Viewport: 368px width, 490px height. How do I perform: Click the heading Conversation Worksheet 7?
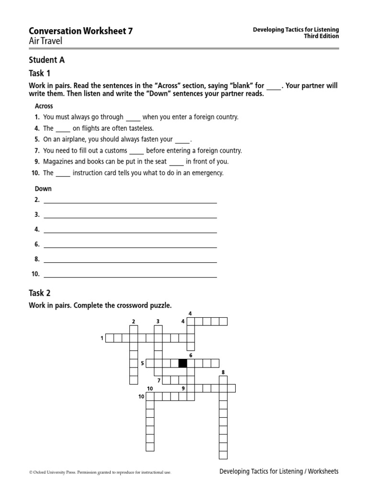(81, 31)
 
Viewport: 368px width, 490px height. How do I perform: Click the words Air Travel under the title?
(46, 41)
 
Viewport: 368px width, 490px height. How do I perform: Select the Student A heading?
(46, 60)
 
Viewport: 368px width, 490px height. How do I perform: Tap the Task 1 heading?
(39, 73)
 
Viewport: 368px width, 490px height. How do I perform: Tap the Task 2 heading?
(40, 293)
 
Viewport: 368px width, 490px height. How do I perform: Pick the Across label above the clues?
(44, 106)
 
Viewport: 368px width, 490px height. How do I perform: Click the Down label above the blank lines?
(43, 189)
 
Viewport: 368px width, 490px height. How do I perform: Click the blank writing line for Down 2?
(130, 201)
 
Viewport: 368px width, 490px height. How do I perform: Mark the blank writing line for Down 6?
(130, 246)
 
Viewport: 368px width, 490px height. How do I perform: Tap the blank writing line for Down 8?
(130, 261)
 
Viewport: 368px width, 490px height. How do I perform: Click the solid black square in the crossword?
(183, 363)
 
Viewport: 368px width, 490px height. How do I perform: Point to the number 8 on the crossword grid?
(223, 372)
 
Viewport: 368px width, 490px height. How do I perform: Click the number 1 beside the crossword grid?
(102, 339)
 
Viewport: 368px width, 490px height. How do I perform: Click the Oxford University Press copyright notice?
(100, 472)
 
